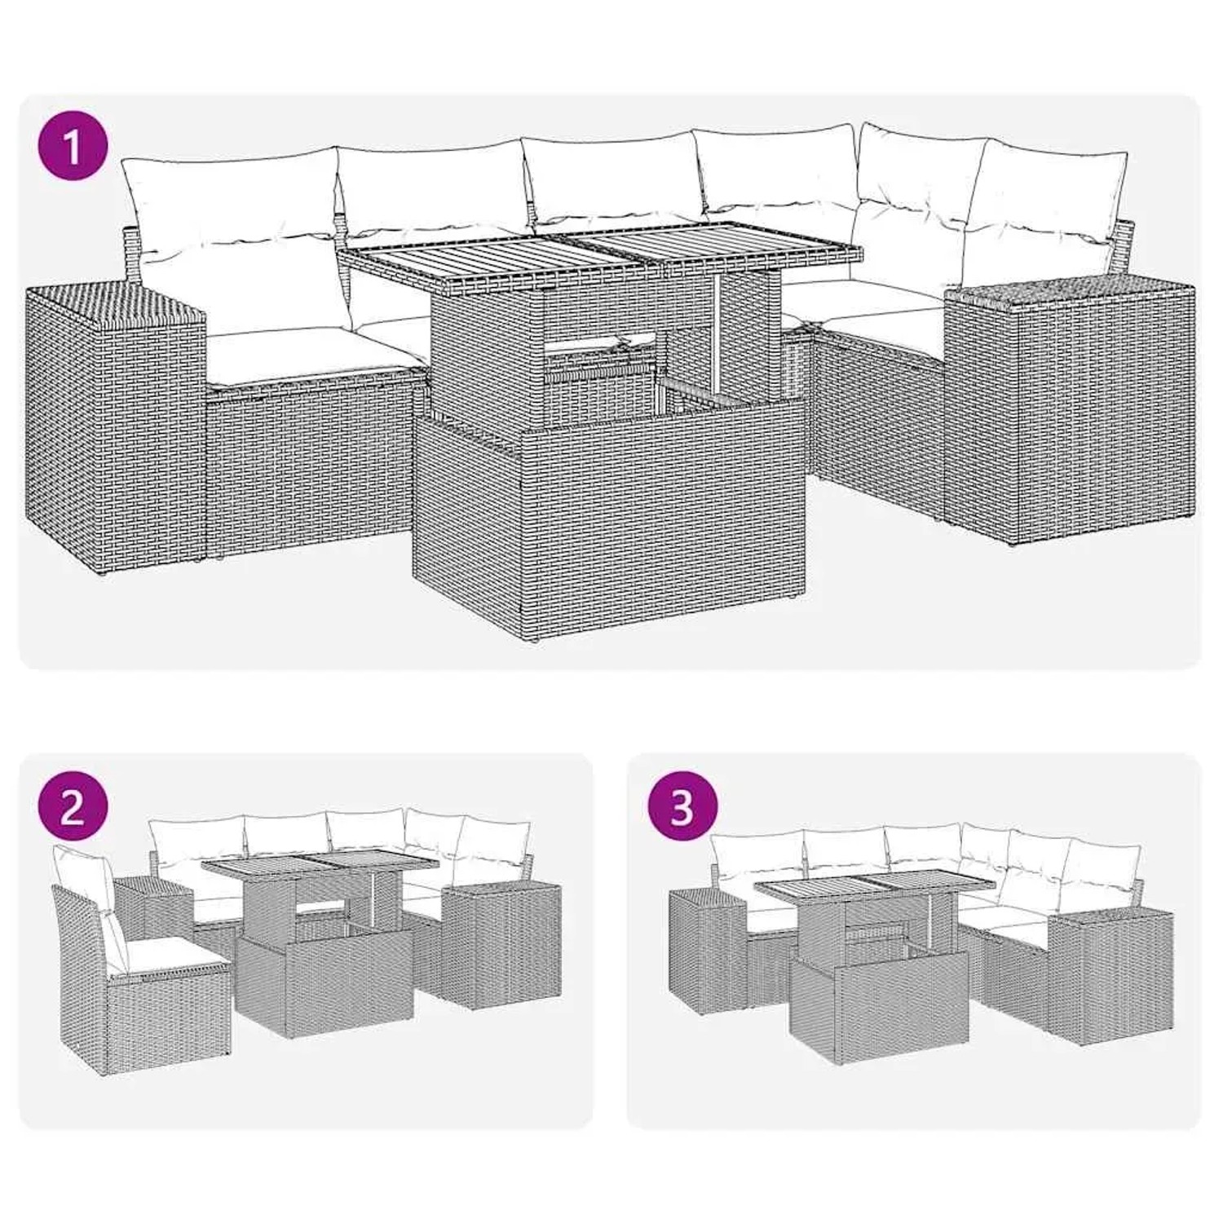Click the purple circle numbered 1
pyautogui.click(x=73, y=148)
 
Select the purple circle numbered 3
pyautogui.click(x=682, y=808)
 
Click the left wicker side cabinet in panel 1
pyautogui.click(x=114, y=424)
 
